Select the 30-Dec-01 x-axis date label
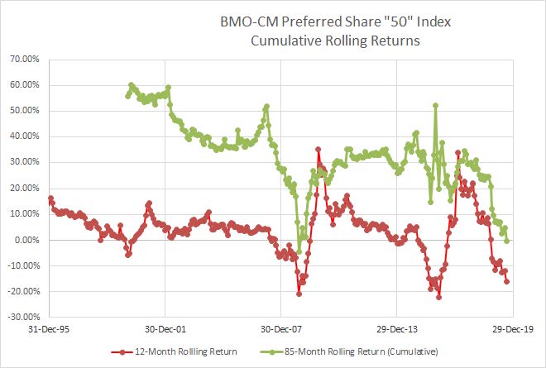pos(165,328)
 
